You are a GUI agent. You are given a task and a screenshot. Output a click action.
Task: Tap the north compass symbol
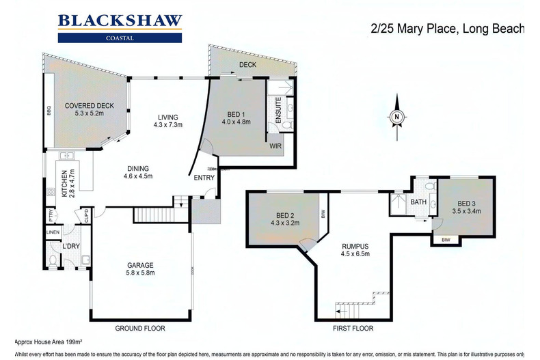pos(396,117)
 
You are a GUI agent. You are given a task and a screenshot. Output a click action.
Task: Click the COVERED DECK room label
pos(90,109)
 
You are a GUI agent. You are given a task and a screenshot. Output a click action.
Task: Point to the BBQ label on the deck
pos(49,109)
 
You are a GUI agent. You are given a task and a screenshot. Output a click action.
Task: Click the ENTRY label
pos(204,178)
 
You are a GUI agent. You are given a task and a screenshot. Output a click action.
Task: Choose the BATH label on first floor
pos(418,202)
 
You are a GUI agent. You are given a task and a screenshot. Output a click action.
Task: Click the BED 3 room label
pos(465,207)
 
